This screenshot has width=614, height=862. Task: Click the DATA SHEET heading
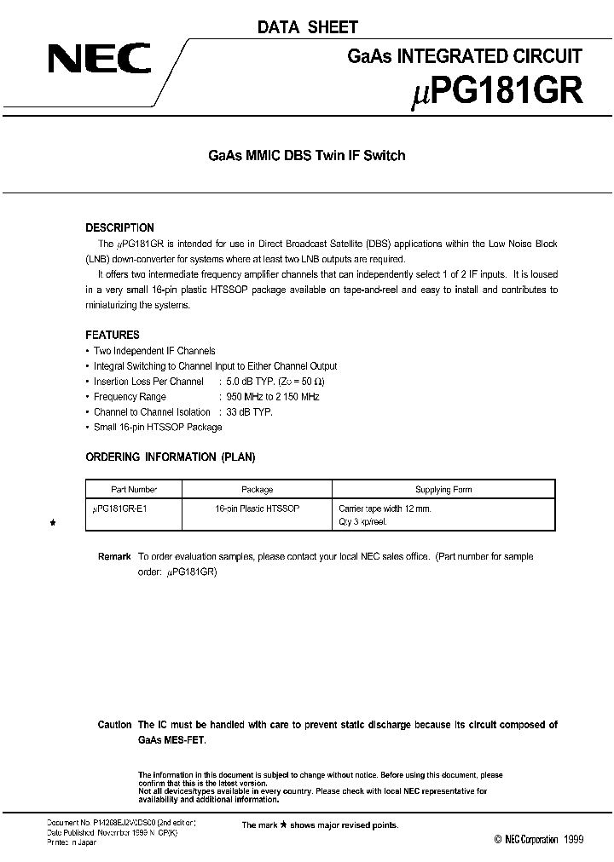pos(308,27)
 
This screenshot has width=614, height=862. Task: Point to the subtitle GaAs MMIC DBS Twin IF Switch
pos(307,156)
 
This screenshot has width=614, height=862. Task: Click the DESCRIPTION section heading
pos(119,228)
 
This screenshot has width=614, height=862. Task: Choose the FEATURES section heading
pos(113,335)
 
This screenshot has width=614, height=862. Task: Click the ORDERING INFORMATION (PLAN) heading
pos(171,457)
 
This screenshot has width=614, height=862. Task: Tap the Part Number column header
pos(134,490)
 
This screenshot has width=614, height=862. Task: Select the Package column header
pos(257,490)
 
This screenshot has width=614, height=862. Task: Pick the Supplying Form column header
pos(443,490)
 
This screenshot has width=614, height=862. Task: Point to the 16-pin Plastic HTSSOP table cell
pos(257,508)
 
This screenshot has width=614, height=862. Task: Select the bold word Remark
pos(114,557)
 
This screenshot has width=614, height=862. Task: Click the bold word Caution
pos(114,725)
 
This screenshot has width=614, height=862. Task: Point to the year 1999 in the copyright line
pos(573,840)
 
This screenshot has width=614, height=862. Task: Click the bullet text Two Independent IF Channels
pos(154,351)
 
